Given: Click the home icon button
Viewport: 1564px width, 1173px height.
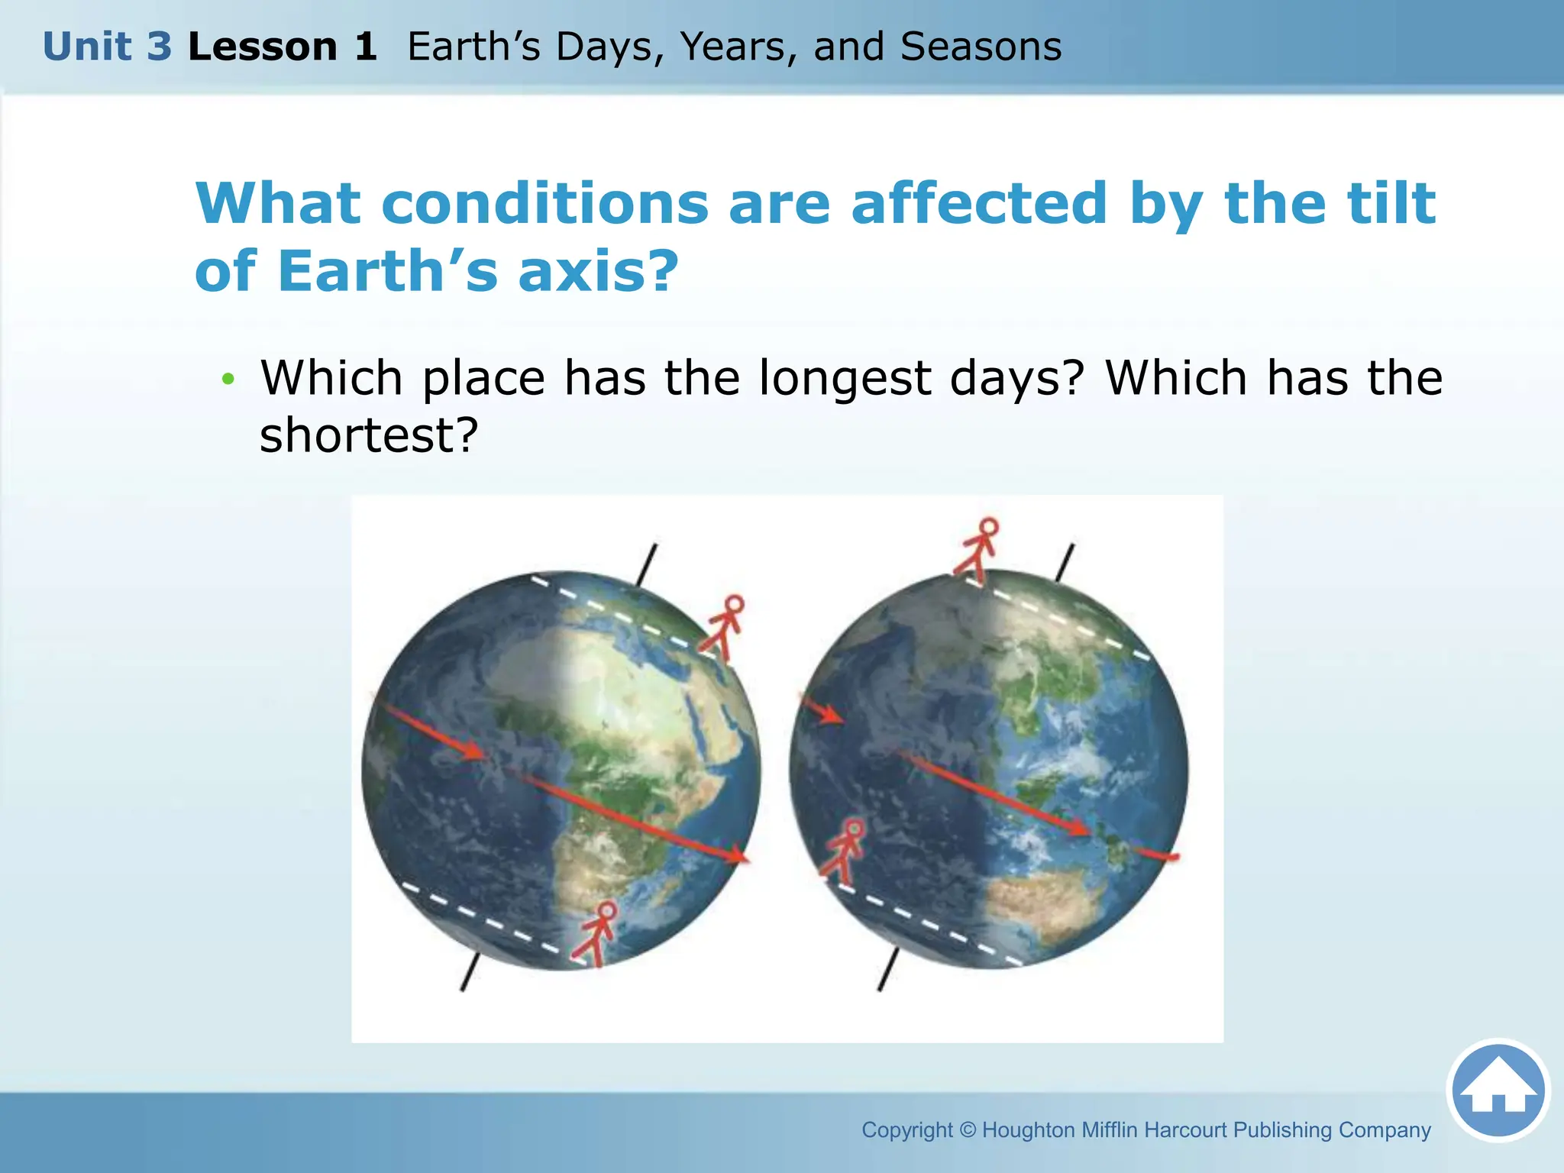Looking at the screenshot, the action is click(x=1498, y=1090).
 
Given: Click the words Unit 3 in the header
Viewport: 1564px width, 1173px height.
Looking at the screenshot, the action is click(x=107, y=47).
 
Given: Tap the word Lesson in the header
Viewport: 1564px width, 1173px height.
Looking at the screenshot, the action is click(x=262, y=47).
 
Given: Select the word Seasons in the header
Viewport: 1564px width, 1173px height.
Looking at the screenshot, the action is click(x=981, y=47).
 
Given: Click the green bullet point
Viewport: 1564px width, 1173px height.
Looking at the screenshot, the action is click(x=228, y=379).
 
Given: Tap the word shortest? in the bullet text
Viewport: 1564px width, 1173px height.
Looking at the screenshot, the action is click(x=369, y=435).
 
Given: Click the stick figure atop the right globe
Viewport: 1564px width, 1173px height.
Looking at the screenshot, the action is click(x=977, y=549).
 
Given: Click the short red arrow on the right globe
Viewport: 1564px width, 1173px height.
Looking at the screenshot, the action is click(x=822, y=709).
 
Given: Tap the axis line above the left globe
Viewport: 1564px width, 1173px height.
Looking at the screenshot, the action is click(x=647, y=564).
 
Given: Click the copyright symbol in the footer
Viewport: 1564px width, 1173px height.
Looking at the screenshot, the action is click(x=968, y=1129).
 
